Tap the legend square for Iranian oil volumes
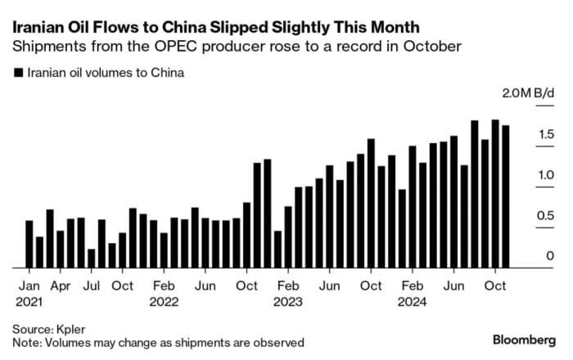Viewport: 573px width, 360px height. click(18, 73)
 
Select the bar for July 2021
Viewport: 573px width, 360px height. click(92, 258)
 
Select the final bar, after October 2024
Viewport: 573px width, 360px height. click(506, 196)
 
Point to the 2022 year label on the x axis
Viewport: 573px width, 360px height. click(164, 301)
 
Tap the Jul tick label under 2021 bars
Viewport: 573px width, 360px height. click(92, 286)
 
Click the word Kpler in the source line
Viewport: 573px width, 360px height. click(72, 327)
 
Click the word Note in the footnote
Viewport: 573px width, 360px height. click(25, 342)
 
